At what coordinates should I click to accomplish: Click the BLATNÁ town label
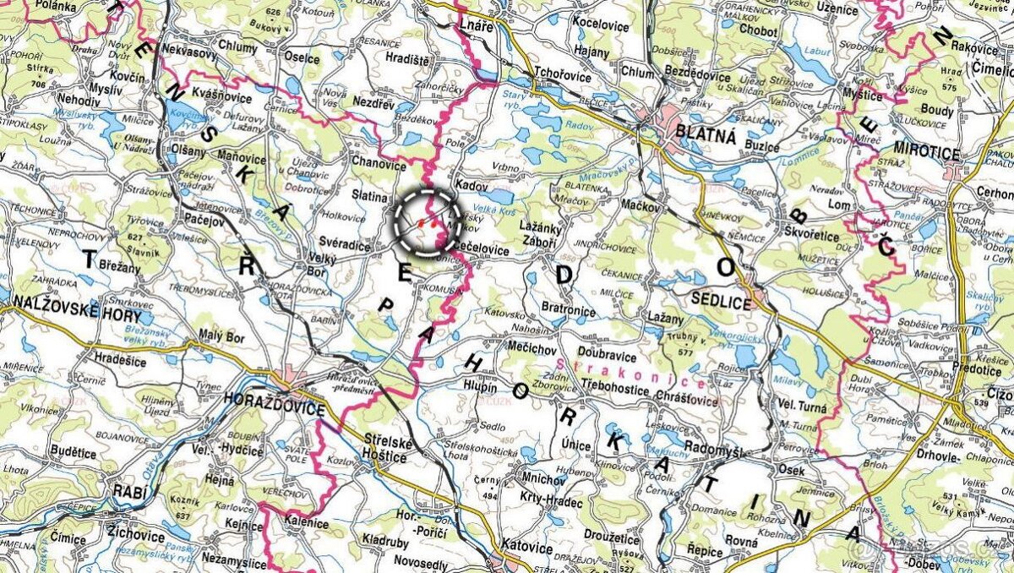click(x=706, y=134)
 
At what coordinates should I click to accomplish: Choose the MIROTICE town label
click(x=928, y=154)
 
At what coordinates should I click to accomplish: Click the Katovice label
click(x=526, y=548)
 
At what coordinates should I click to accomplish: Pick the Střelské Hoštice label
click(x=385, y=447)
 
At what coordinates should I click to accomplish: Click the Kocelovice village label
click(x=600, y=25)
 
